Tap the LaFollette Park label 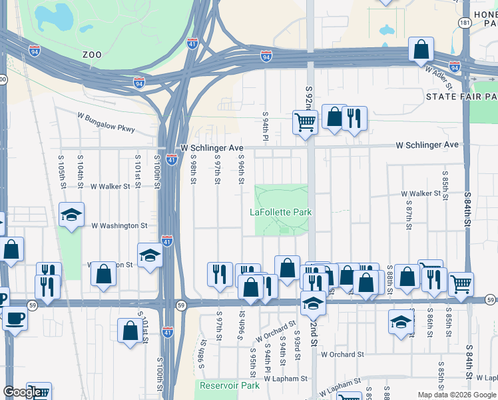click(280, 212)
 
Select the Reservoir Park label click(229, 385)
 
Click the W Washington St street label click(119, 226)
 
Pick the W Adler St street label click(439, 77)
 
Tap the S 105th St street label click(62, 174)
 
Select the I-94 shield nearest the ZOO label click(138, 82)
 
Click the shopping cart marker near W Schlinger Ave click(305, 122)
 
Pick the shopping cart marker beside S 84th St click(461, 283)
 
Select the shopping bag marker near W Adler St click(421, 49)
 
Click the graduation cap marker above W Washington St click(71, 215)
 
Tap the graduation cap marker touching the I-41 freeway click(150, 255)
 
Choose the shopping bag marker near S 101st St click(130, 331)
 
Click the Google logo click(23, 393)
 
